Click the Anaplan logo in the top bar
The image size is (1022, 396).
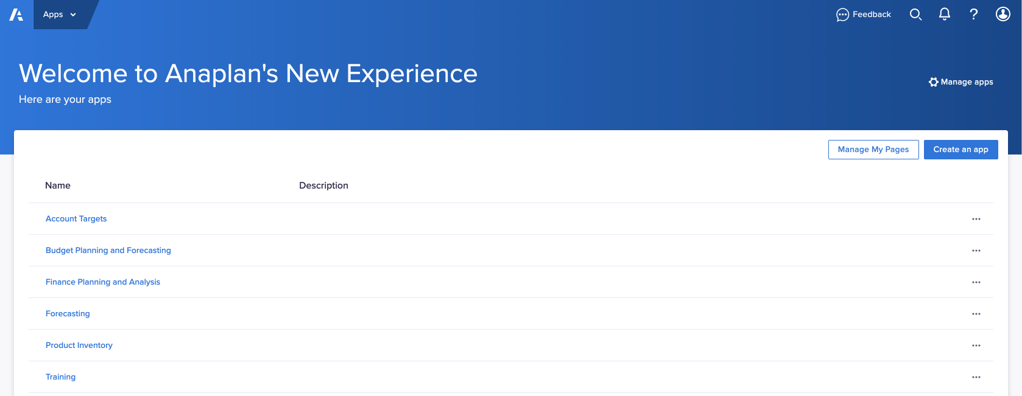(x=16, y=15)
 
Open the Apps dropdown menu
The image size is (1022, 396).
(x=60, y=15)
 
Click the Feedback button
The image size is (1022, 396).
(x=863, y=15)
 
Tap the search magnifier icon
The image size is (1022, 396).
(x=915, y=15)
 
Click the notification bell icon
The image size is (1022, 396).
(x=945, y=14)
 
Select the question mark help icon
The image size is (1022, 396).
(x=974, y=15)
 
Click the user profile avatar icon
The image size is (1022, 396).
(x=1003, y=14)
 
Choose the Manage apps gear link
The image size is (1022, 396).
(x=961, y=82)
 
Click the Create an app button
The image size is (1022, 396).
(x=961, y=150)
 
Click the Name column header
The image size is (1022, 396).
(x=58, y=186)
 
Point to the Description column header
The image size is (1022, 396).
(x=323, y=186)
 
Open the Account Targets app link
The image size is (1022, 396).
(x=76, y=219)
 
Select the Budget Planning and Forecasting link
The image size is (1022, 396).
(x=108, y=250)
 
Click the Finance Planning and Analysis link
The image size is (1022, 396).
(x=103, y=282)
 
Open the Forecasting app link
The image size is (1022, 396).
(x=68, y=313)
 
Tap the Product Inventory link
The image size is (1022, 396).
(x=79, y=345)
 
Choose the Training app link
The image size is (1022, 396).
(x=61, y=377)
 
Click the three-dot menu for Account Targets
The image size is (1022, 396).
(x=976, y=219)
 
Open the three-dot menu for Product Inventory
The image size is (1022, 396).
(x=976, y=346)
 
